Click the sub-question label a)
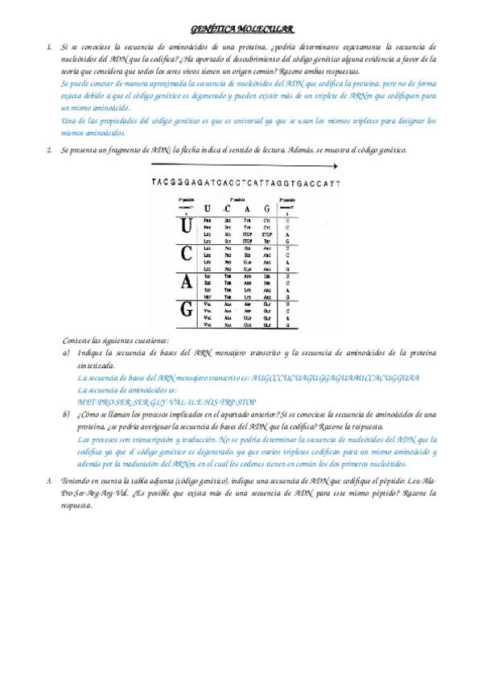tap(66, 353)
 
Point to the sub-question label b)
tap(66, 415)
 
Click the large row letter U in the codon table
tap(186, 226)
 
